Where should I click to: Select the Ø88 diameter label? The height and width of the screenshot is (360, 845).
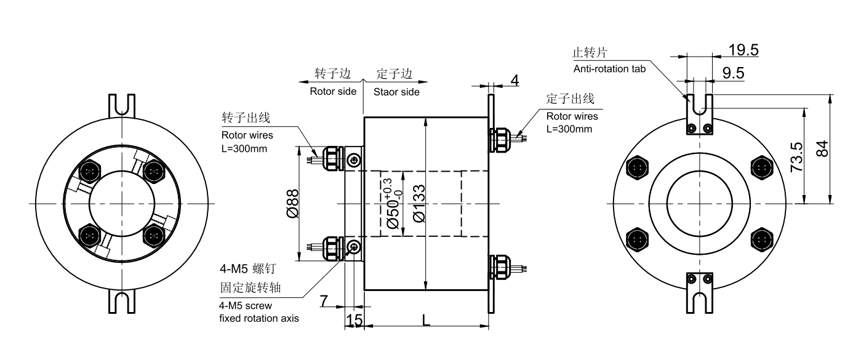(294, 203)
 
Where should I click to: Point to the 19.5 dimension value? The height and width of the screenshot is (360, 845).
(743, 49)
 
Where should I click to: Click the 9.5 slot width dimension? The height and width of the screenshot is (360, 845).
(733, 74)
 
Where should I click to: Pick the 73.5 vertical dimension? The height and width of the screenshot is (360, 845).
(796, 157)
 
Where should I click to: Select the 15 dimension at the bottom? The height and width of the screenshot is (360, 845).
(353, 320)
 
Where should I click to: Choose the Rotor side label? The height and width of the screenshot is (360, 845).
(332, 92)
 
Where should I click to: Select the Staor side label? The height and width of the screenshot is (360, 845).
(396, 92)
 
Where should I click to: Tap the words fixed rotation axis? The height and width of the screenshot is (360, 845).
(259, 318)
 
